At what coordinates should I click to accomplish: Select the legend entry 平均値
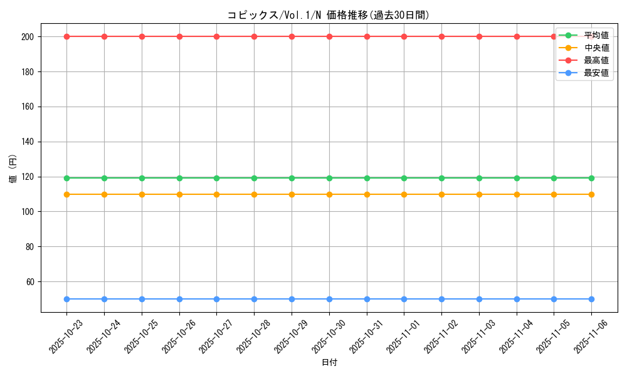596,35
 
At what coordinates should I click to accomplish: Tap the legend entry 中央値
596,48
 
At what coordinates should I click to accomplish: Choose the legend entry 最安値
596,73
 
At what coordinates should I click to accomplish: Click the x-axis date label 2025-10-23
66,337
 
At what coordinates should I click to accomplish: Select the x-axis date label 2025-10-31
367,337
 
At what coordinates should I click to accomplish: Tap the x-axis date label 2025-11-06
591,337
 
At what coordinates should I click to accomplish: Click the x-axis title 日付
329,363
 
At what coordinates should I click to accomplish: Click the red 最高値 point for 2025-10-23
66,36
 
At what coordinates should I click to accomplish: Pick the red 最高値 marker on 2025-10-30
329,36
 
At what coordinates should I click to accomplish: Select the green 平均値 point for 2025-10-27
216,178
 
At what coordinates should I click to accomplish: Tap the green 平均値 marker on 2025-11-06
591,178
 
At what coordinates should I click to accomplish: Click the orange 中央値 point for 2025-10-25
142,194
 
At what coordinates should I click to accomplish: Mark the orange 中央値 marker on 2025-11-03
479,194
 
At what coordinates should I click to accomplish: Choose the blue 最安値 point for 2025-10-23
66,299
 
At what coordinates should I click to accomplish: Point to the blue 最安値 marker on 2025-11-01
404,299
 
